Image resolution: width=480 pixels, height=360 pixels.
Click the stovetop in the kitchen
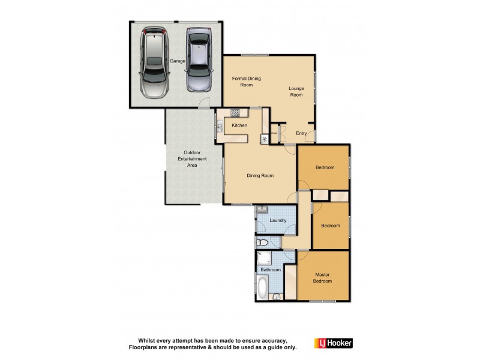(x=235, y=112)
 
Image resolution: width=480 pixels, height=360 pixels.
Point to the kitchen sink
(x=220, y=126)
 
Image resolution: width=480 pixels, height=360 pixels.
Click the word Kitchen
(x=240, y=125)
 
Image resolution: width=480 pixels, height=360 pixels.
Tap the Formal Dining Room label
(x=247, y=82)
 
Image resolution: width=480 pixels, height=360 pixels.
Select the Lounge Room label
(x=296, y=92)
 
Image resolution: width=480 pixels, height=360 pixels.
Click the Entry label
(x=301, y=133)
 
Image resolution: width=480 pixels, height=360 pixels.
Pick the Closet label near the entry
(x=274, y=133)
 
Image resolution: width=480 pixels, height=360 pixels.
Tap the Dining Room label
(x=260, y=176)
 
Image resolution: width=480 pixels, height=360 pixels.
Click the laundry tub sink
(x=262, y=210)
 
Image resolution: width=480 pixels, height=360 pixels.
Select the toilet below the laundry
(x=262, y=243)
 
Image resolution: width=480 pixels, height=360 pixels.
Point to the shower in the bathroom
(x=263, y=258)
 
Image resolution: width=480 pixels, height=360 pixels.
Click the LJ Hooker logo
(x=334, y=343)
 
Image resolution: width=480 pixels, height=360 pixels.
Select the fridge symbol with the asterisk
(x=264, y=139)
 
